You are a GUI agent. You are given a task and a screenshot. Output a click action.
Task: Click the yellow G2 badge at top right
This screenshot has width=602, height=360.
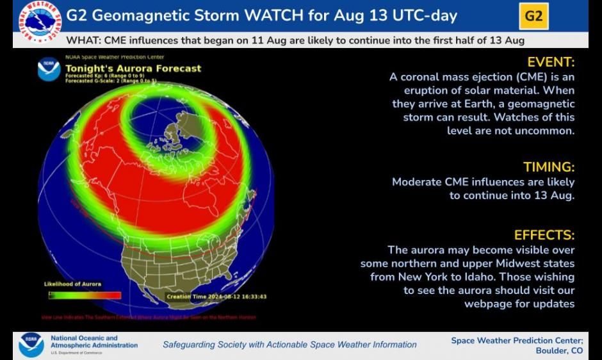tap(533, 16)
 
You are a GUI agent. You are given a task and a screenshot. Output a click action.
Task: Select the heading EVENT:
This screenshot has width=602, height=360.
tap(551, 62)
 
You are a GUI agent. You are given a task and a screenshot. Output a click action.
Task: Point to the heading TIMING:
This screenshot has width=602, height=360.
tap(549, 167)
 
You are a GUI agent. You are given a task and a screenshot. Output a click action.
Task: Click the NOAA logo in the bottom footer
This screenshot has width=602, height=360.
tap(31, 344)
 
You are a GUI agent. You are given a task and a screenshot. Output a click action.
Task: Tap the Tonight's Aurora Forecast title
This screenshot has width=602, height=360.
tap(133, 69)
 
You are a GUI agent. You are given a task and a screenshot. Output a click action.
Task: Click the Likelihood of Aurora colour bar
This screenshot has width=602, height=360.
tap(85, 295)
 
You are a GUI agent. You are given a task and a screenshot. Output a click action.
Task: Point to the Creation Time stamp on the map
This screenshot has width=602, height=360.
tap(216, 297)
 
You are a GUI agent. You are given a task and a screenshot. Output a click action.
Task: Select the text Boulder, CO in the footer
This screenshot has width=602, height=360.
tap(559, 350)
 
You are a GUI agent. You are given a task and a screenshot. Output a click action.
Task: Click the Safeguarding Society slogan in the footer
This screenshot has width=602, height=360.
tap(289, 345)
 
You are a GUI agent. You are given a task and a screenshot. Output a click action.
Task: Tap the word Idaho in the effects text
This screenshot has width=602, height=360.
tap(558, 277)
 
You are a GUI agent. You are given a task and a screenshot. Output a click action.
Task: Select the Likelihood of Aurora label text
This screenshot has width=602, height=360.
tap(72, 284)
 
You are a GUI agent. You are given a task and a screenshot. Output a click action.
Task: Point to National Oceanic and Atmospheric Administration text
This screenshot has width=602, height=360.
tap(94, 342)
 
